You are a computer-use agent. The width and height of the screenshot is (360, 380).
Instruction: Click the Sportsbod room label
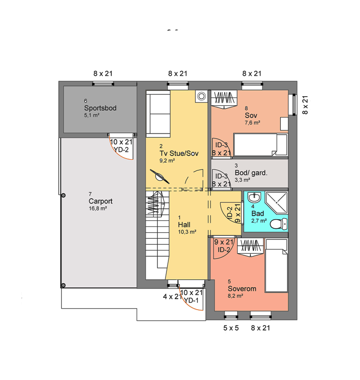(100, 108)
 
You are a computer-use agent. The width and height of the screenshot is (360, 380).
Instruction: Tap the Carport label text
(100, 201)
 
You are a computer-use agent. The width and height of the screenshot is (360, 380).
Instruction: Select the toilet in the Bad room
(278, 224)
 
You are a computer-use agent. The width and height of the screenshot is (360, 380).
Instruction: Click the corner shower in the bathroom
(277, 203)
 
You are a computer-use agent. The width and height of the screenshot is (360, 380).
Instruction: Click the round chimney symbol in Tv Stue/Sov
(201, 96)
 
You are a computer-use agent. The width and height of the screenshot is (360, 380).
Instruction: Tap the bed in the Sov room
(261, 144)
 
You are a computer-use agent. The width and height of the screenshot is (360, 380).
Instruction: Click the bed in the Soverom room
(277, 266)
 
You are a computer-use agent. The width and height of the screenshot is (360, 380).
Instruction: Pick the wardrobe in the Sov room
(224, 99)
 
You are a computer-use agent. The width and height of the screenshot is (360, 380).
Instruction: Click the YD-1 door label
(191, 301)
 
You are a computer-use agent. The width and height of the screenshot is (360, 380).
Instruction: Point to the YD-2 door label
(122, 150)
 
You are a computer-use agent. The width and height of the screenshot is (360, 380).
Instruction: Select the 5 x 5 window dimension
(231, 328)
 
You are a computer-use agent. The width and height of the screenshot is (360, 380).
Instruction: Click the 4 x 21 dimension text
(172, 296)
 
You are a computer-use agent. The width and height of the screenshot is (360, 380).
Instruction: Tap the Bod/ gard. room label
(251, 173)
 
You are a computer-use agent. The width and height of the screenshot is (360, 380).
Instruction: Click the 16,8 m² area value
(98, 208)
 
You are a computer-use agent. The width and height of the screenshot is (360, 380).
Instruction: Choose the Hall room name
(184, 225)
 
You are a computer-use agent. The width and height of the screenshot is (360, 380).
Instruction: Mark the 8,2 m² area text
(235, 296)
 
